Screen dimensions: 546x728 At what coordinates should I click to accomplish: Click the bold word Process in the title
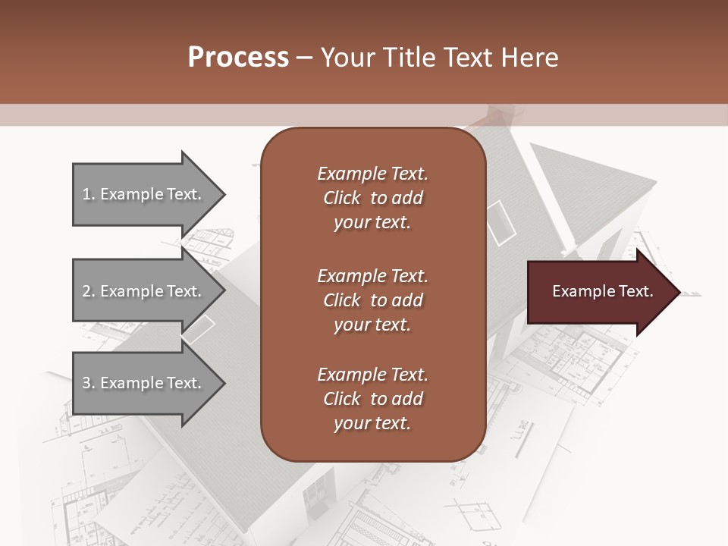238,57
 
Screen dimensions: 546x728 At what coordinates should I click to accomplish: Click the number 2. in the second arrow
88,291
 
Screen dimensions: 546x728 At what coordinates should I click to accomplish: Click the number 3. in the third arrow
88,383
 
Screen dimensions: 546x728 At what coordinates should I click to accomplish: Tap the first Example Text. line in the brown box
372,174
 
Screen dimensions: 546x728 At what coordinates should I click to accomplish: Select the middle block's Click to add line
372,300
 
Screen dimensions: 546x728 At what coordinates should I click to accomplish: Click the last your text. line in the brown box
372,424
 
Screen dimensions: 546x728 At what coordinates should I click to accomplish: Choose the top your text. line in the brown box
372,223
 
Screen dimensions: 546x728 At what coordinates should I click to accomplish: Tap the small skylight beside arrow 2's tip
199,328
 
